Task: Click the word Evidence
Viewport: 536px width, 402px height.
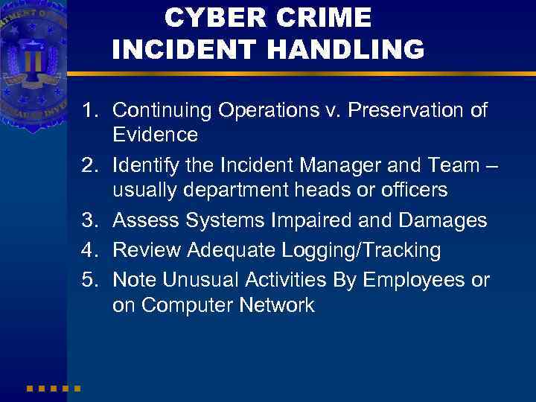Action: (x=155, y=135)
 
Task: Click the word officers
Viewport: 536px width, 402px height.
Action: (x=409, y=191)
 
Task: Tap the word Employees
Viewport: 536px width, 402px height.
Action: (x=408, y=280)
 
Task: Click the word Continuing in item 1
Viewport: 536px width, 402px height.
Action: (x=162, y=111)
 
